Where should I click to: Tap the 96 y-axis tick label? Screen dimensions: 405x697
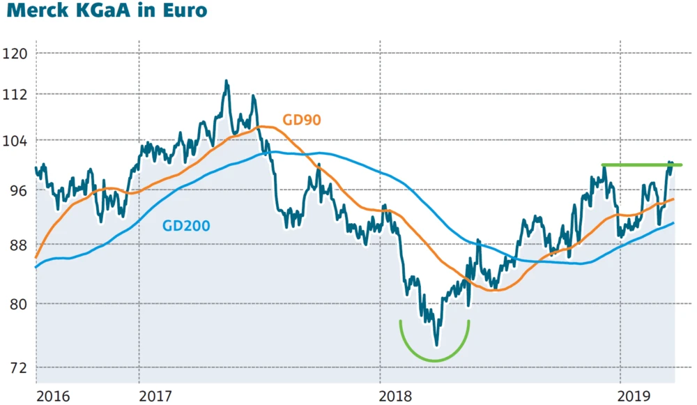click(17, 190)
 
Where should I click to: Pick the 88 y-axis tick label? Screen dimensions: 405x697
click(17, 245)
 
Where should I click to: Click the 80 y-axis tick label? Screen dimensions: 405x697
click(17, 304)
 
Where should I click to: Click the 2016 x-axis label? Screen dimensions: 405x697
click(53, 395)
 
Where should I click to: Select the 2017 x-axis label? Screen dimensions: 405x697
click(155, 395)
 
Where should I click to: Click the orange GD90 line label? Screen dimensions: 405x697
click(301, 120)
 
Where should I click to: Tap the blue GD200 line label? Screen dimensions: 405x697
click(186, 226)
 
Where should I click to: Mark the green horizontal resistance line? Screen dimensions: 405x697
click(641, 165)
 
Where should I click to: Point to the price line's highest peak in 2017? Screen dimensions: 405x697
click(227, 82)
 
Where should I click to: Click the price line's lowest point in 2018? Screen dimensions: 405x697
click(437, 344)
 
